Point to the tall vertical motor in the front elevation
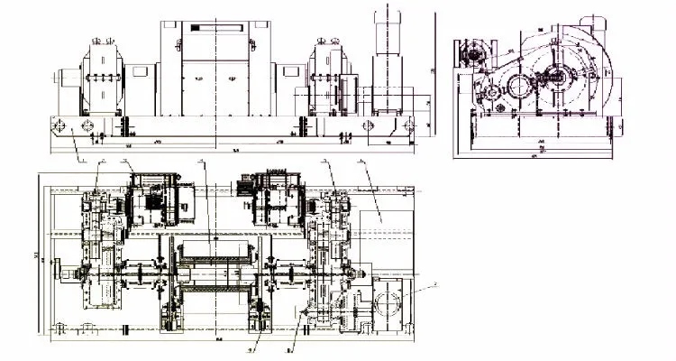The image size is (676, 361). [388, 54]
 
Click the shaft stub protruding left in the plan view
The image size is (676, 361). [62, 268]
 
